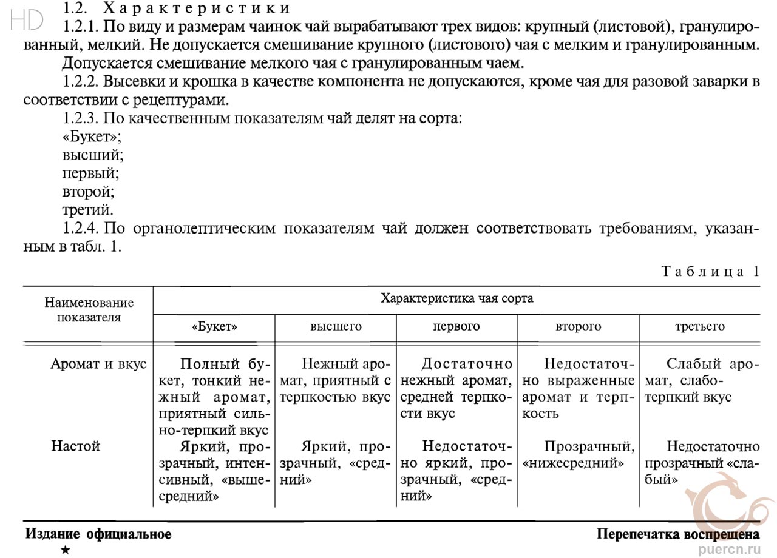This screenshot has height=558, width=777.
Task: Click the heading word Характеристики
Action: (x=197, y=8)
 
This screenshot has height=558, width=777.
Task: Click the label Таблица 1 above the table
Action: (x=710, y=271)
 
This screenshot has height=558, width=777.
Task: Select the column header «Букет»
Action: (x=214, y=327)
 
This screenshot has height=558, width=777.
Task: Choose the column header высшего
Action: (x=336, y=327)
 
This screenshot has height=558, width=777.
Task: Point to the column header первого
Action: (x=456, y=327)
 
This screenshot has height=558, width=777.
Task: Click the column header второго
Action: (x=578, y=327)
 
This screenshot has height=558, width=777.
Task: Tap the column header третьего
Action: (x=699, y=327)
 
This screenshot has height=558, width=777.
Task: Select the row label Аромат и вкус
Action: (x=99, y=365)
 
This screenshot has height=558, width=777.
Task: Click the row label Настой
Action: (x=75, y=447)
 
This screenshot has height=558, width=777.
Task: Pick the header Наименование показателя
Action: (x=89, y=309)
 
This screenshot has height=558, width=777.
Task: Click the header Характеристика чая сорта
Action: (x=456, y=298)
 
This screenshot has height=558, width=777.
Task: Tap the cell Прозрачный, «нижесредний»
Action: (x=578, y=455)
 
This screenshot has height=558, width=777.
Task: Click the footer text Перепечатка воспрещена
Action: (x=677, y=534)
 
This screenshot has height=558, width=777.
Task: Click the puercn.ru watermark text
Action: (x=731, y=549)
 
